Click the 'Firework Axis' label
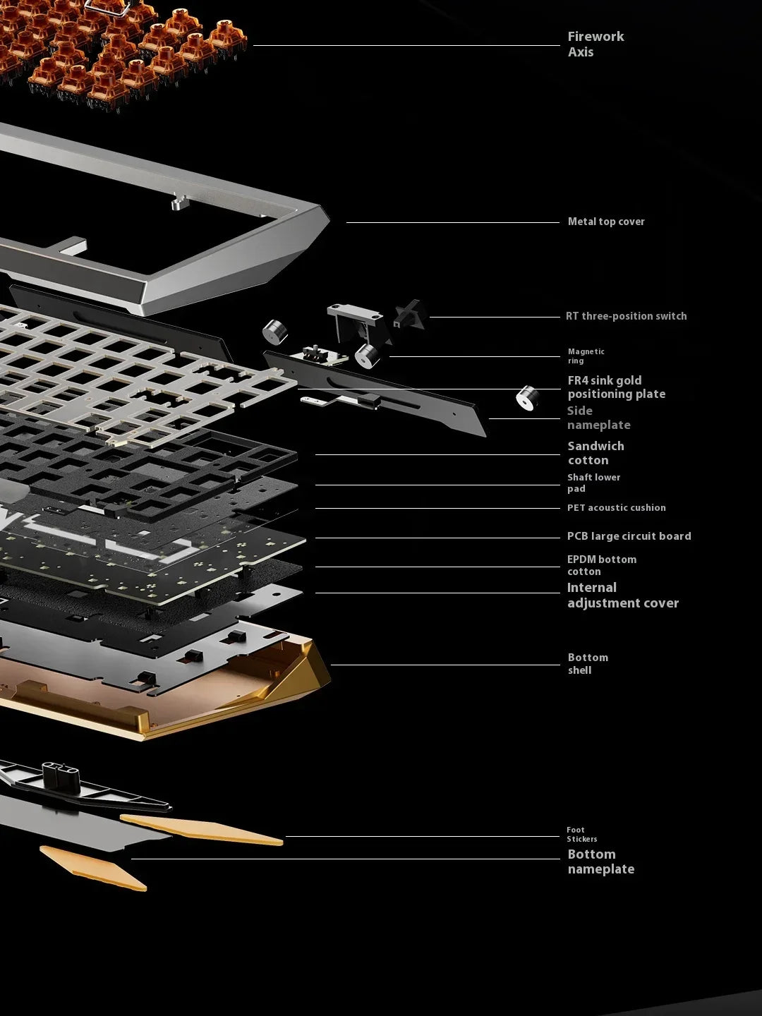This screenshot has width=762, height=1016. (596, 44)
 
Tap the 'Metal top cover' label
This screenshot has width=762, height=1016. (606, 222)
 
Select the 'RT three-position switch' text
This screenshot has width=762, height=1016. (627, 316)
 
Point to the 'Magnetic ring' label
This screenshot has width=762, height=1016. (586, 356)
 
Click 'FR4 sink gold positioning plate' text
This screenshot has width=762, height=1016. (617, 387)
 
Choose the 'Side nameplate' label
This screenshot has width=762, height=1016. (599, 418)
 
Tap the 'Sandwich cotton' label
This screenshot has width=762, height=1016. (596, 453)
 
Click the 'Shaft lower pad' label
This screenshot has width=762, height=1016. (593, 483)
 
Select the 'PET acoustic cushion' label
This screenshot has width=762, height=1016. (617, 508)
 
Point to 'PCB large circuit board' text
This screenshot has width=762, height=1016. (629, 536)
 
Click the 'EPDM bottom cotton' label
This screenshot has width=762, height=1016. (602, 565)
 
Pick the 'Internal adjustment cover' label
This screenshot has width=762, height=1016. (623, 595)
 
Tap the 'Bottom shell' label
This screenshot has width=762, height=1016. (588, 664)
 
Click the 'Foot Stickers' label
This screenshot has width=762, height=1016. (582, 834)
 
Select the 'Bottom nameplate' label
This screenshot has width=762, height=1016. (601, 861)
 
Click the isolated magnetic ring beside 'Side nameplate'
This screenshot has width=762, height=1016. (528, 398)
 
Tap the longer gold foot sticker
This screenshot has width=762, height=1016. (202, 830)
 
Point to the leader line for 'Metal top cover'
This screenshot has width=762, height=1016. (453, 223)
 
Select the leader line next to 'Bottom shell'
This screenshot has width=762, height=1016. (445, 665)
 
